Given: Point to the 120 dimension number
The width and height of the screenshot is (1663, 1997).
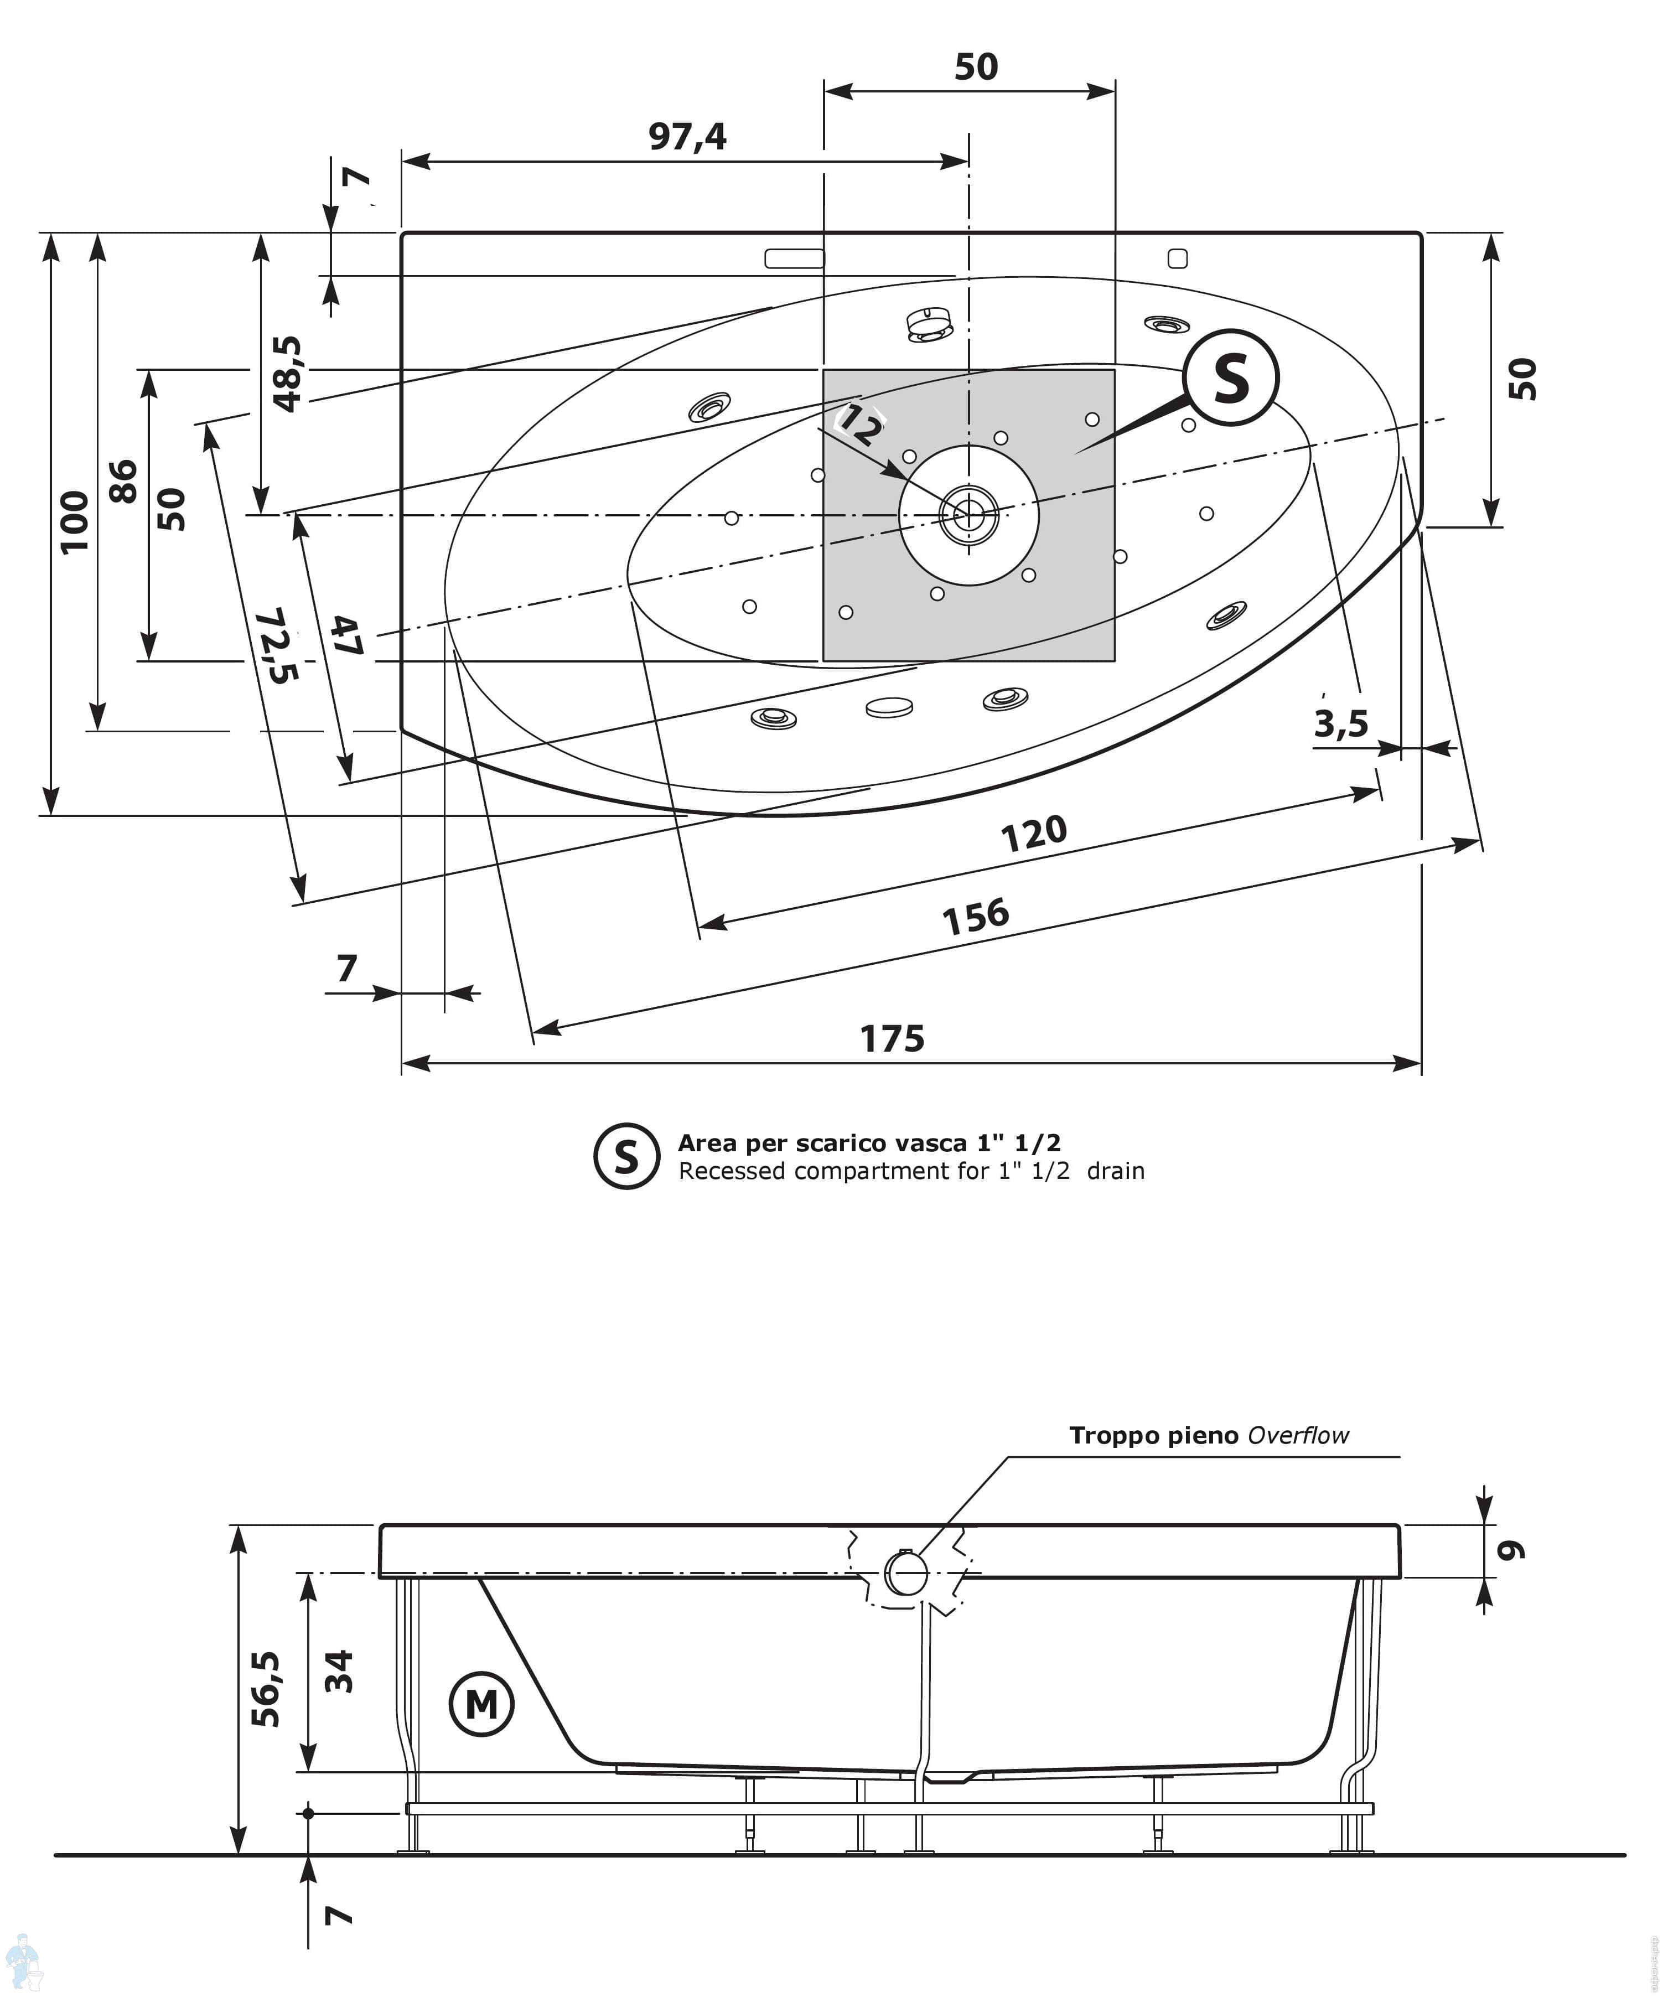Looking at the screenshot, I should coord(1034,834).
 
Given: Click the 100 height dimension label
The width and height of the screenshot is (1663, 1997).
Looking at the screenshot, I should coord(74,521).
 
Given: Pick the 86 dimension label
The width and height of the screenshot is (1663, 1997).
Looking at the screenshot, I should coord(123,480).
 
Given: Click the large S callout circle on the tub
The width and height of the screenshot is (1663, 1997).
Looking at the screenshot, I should coord(1231,379).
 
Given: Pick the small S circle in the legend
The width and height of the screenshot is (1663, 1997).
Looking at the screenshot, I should coord(626,1156).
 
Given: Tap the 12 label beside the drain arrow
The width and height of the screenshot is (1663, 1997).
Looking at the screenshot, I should coord(858,429).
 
